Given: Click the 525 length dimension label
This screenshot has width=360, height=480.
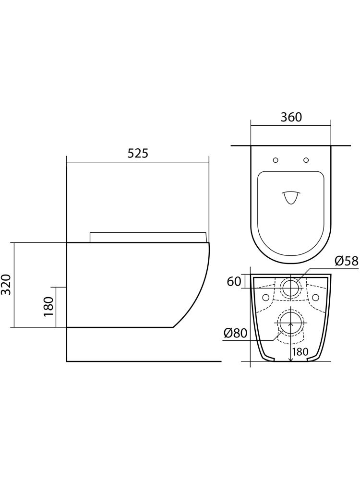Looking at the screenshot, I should tap(138, 153).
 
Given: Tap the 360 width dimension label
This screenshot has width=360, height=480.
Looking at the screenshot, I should tap(291, 117).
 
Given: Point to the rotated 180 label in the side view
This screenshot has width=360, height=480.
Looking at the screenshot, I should tap(48, 307).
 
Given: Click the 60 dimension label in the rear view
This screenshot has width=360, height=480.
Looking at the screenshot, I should tap(234, 281).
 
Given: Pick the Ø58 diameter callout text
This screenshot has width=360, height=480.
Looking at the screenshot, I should tap(346, 261).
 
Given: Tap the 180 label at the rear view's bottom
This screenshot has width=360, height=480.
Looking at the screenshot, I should tap(300, 352).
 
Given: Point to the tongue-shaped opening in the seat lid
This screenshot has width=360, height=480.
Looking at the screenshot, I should tap(291, 197).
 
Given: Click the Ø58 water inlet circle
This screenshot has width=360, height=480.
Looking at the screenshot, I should tap(290, 288).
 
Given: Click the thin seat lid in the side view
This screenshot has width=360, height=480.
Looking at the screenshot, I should tap(148, 237).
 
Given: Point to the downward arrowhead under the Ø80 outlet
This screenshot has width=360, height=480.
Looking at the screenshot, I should tap(290, 358).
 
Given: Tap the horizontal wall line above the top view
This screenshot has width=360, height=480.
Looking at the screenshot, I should tap(290, 145).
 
